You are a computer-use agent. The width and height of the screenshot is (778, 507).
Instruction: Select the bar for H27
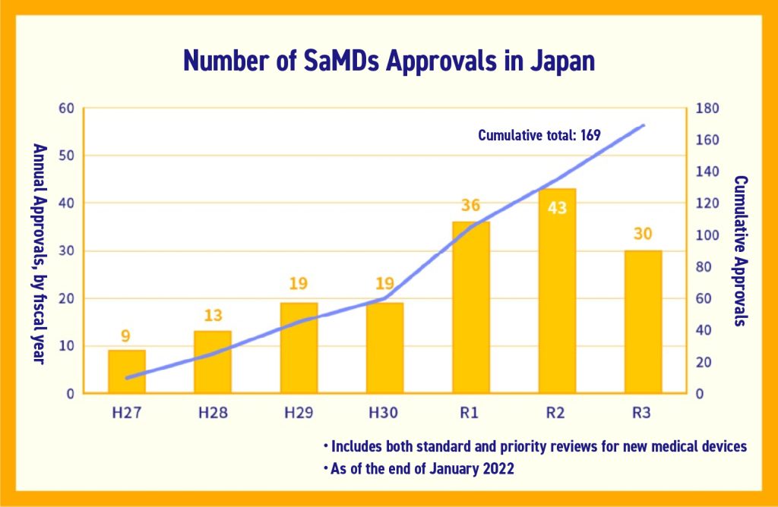pyautogui.click(x=127, y=371)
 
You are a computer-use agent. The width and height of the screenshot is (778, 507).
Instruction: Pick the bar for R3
pyautogui.click(x=643, y=321)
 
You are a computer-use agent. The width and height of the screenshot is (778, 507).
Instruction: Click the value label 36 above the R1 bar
pyautogui.click(x=471, y=206)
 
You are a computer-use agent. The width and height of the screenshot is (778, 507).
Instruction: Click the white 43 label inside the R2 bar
pyautogui.click(x=557, y=206)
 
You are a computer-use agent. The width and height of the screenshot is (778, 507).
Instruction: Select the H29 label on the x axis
pyautogui.click(x=299, y=413)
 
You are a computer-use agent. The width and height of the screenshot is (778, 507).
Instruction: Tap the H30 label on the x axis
pyautogui.click(x=384, y=413)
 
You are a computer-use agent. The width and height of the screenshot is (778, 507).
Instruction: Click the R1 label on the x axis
pyautogui.click(x=471, y=413)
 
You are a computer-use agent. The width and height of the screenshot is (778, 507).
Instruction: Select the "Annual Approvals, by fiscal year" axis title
pyautogui.click(x=39, y=253)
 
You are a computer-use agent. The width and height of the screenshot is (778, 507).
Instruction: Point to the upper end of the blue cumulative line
pyautogui.click(x=644, y=125)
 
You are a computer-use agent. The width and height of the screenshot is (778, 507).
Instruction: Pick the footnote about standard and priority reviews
pyautogui.click(x=535, y=446)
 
